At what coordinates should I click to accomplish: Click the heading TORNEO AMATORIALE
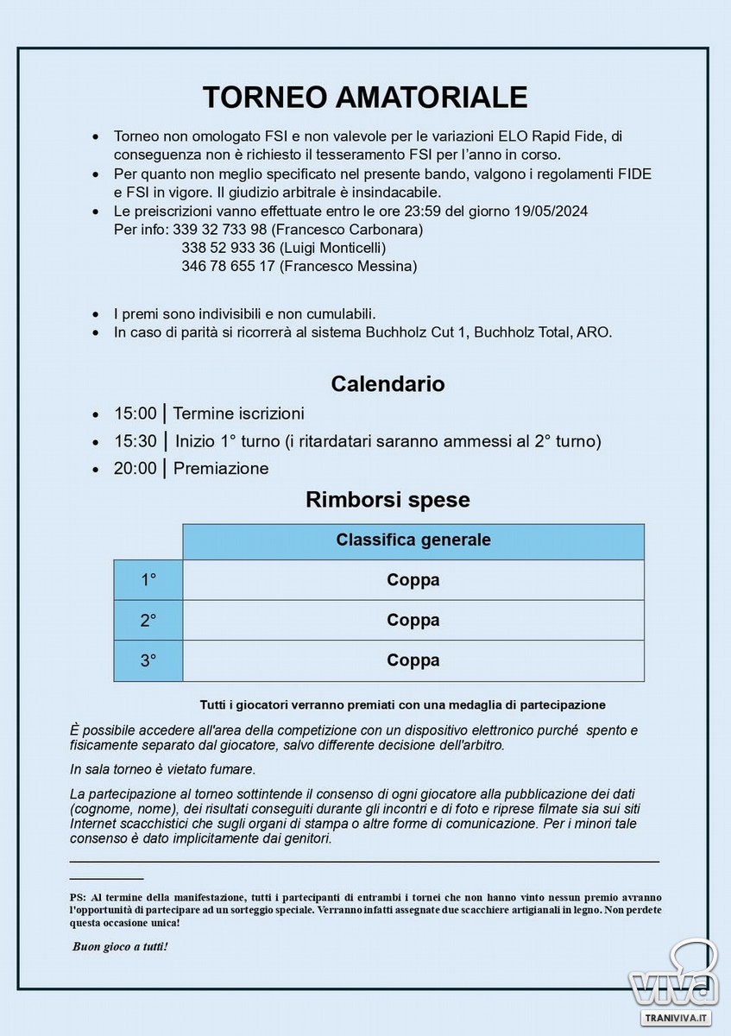click(x=364, y=97)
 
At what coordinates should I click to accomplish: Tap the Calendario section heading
click(x=388, y=383)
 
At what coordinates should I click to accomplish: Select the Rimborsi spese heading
click(x=388, y=500)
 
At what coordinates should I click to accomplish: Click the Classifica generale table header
click(x=413, y=540)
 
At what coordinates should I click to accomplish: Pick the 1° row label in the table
click(x=148, y=580)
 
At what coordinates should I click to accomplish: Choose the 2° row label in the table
click(x=148, y=620)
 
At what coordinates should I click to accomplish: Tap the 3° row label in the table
click(x=148, y=660)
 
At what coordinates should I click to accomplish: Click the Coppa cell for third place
click(x=413, y=660)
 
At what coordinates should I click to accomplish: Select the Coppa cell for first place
click(x=413, y=580)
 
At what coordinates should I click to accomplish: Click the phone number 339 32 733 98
click(x=219, y=231)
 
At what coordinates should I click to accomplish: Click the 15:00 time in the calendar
click(x=135, y=414)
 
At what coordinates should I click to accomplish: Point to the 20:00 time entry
click(x=135, y=469)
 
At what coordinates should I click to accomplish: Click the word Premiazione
click(x=221, y=469)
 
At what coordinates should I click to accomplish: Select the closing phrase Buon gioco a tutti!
click(x=120, y=947)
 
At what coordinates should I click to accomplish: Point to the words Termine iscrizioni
click(x=238, y=414)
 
